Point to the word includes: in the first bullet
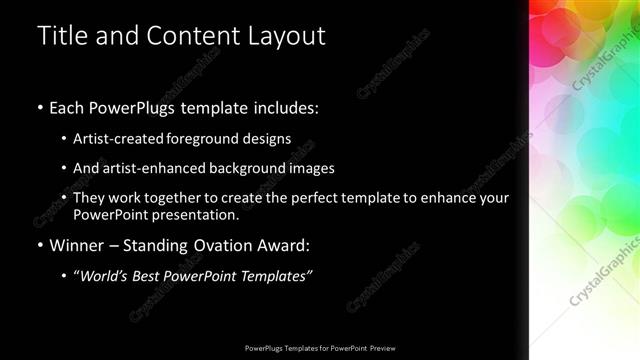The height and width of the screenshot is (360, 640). click(284, 107)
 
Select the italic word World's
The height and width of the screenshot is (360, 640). click(104, 276)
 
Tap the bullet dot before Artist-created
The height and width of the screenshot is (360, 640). click(63, 138)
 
